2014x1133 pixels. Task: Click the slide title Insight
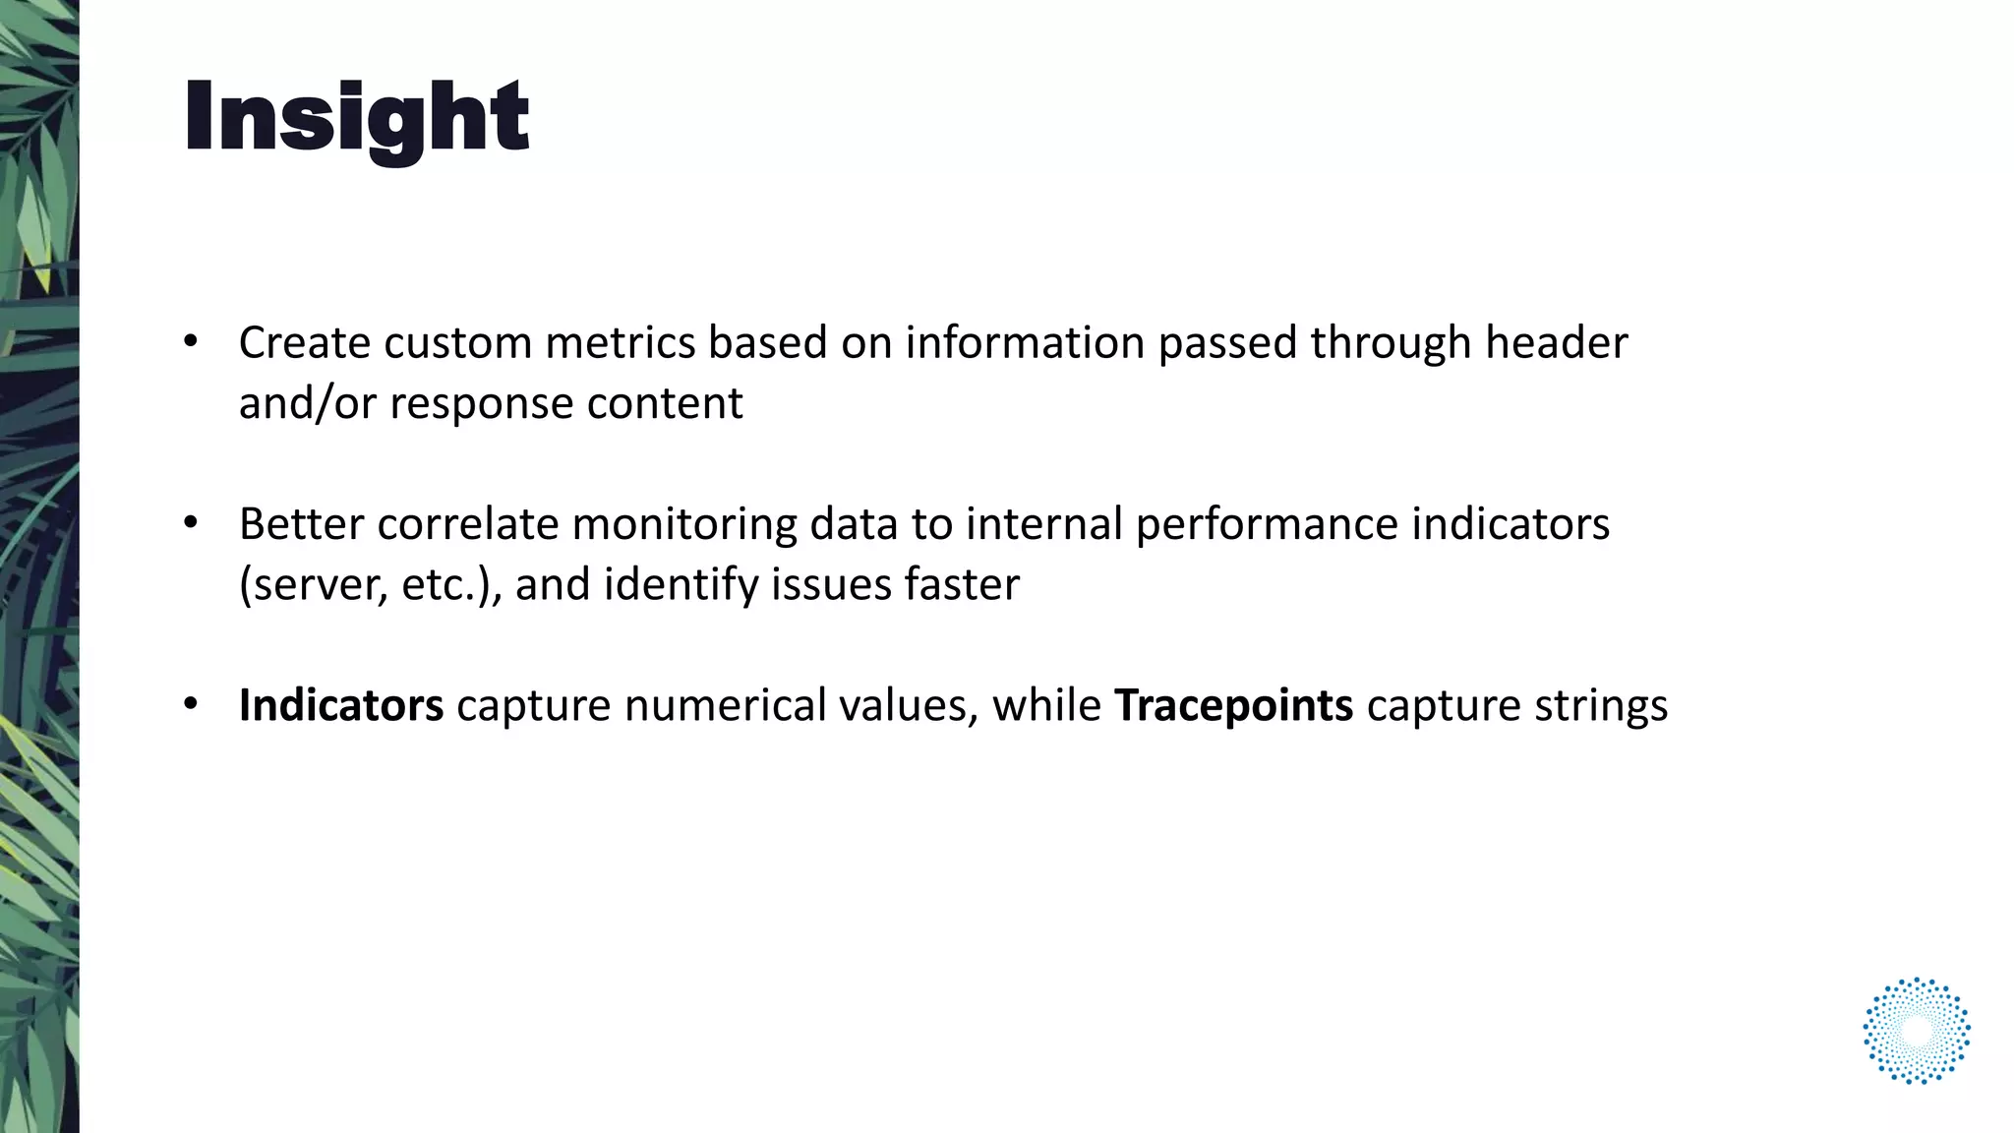tap(356, 118)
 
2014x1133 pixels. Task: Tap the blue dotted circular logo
tap(1916, 1031)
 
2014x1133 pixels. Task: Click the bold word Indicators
tap(341, 705)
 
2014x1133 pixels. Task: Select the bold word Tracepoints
tap(1233, 705)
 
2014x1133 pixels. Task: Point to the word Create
tap(304, 343)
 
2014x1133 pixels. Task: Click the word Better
tap(301, 524)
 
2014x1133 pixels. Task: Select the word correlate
tap(467, 524)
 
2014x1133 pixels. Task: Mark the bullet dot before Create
tap(191, 342)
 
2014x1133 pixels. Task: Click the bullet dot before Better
tap(191, 523)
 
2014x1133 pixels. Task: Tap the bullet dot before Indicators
tap(191, 704)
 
